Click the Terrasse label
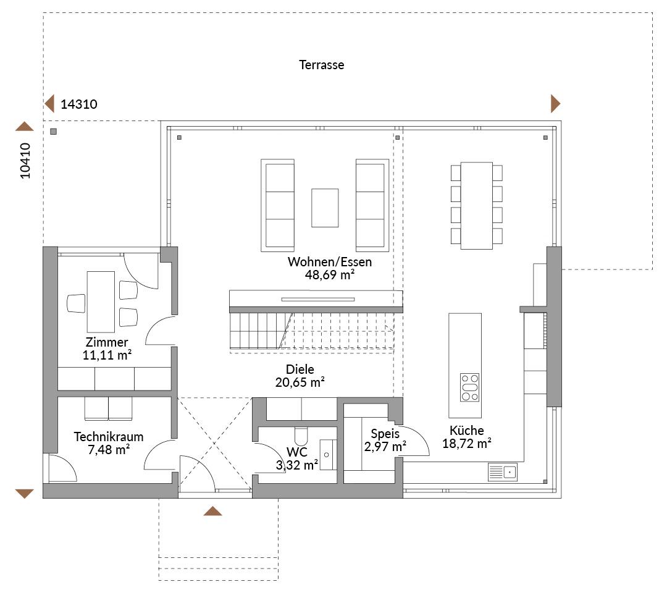tap(321, 65)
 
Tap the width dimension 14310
tap(78, 104)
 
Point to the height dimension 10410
tap(25, 161)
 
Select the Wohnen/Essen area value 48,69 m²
tap(330, 275)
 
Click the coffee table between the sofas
tap(325, 208)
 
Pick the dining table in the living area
tap(476, 205)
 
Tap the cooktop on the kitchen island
tap(469, 387)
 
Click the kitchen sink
tap(502, 472)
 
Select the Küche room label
tap(467, 430)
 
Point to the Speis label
tap(385, 434)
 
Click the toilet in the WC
tap(301, 436)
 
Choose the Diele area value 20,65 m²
tap(300, 382)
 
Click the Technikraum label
tap(109, 437)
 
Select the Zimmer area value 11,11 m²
tap(107, 355)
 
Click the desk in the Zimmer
tap(101, 302)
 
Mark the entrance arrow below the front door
tap(212, 511)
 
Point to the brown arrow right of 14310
tap(556, 103)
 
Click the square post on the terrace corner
tap(53, 132)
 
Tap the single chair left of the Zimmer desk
tap(76, 303)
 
